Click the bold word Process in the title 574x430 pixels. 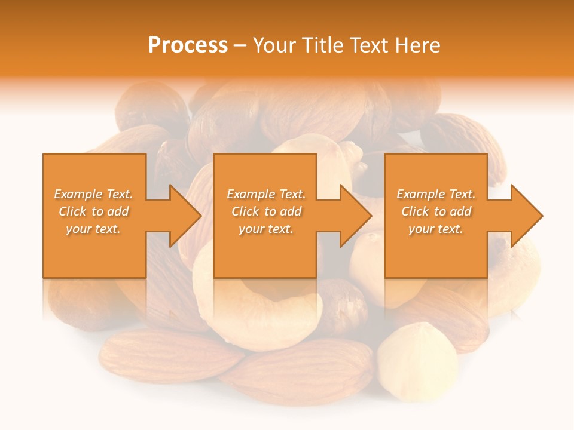pyautogui.click(x=188, y=45)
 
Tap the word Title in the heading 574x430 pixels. pyautogui.click(x=324, y=45)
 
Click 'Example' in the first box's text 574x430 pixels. pyautogui.click(x=78, y=194)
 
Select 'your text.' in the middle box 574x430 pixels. pyautogui.click(x=265, y=229)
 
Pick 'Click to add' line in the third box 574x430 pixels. pyautogui.click(x=436, y=211)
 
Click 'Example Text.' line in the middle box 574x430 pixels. pyautogui.click(x=265, y=194)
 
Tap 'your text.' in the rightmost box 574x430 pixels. pyautogui.click(x=436, y=229)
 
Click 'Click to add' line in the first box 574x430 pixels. pyautogui.click(x=93, y=211)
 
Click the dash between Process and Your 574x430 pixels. pyautogui.click(x=240, y=45)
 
